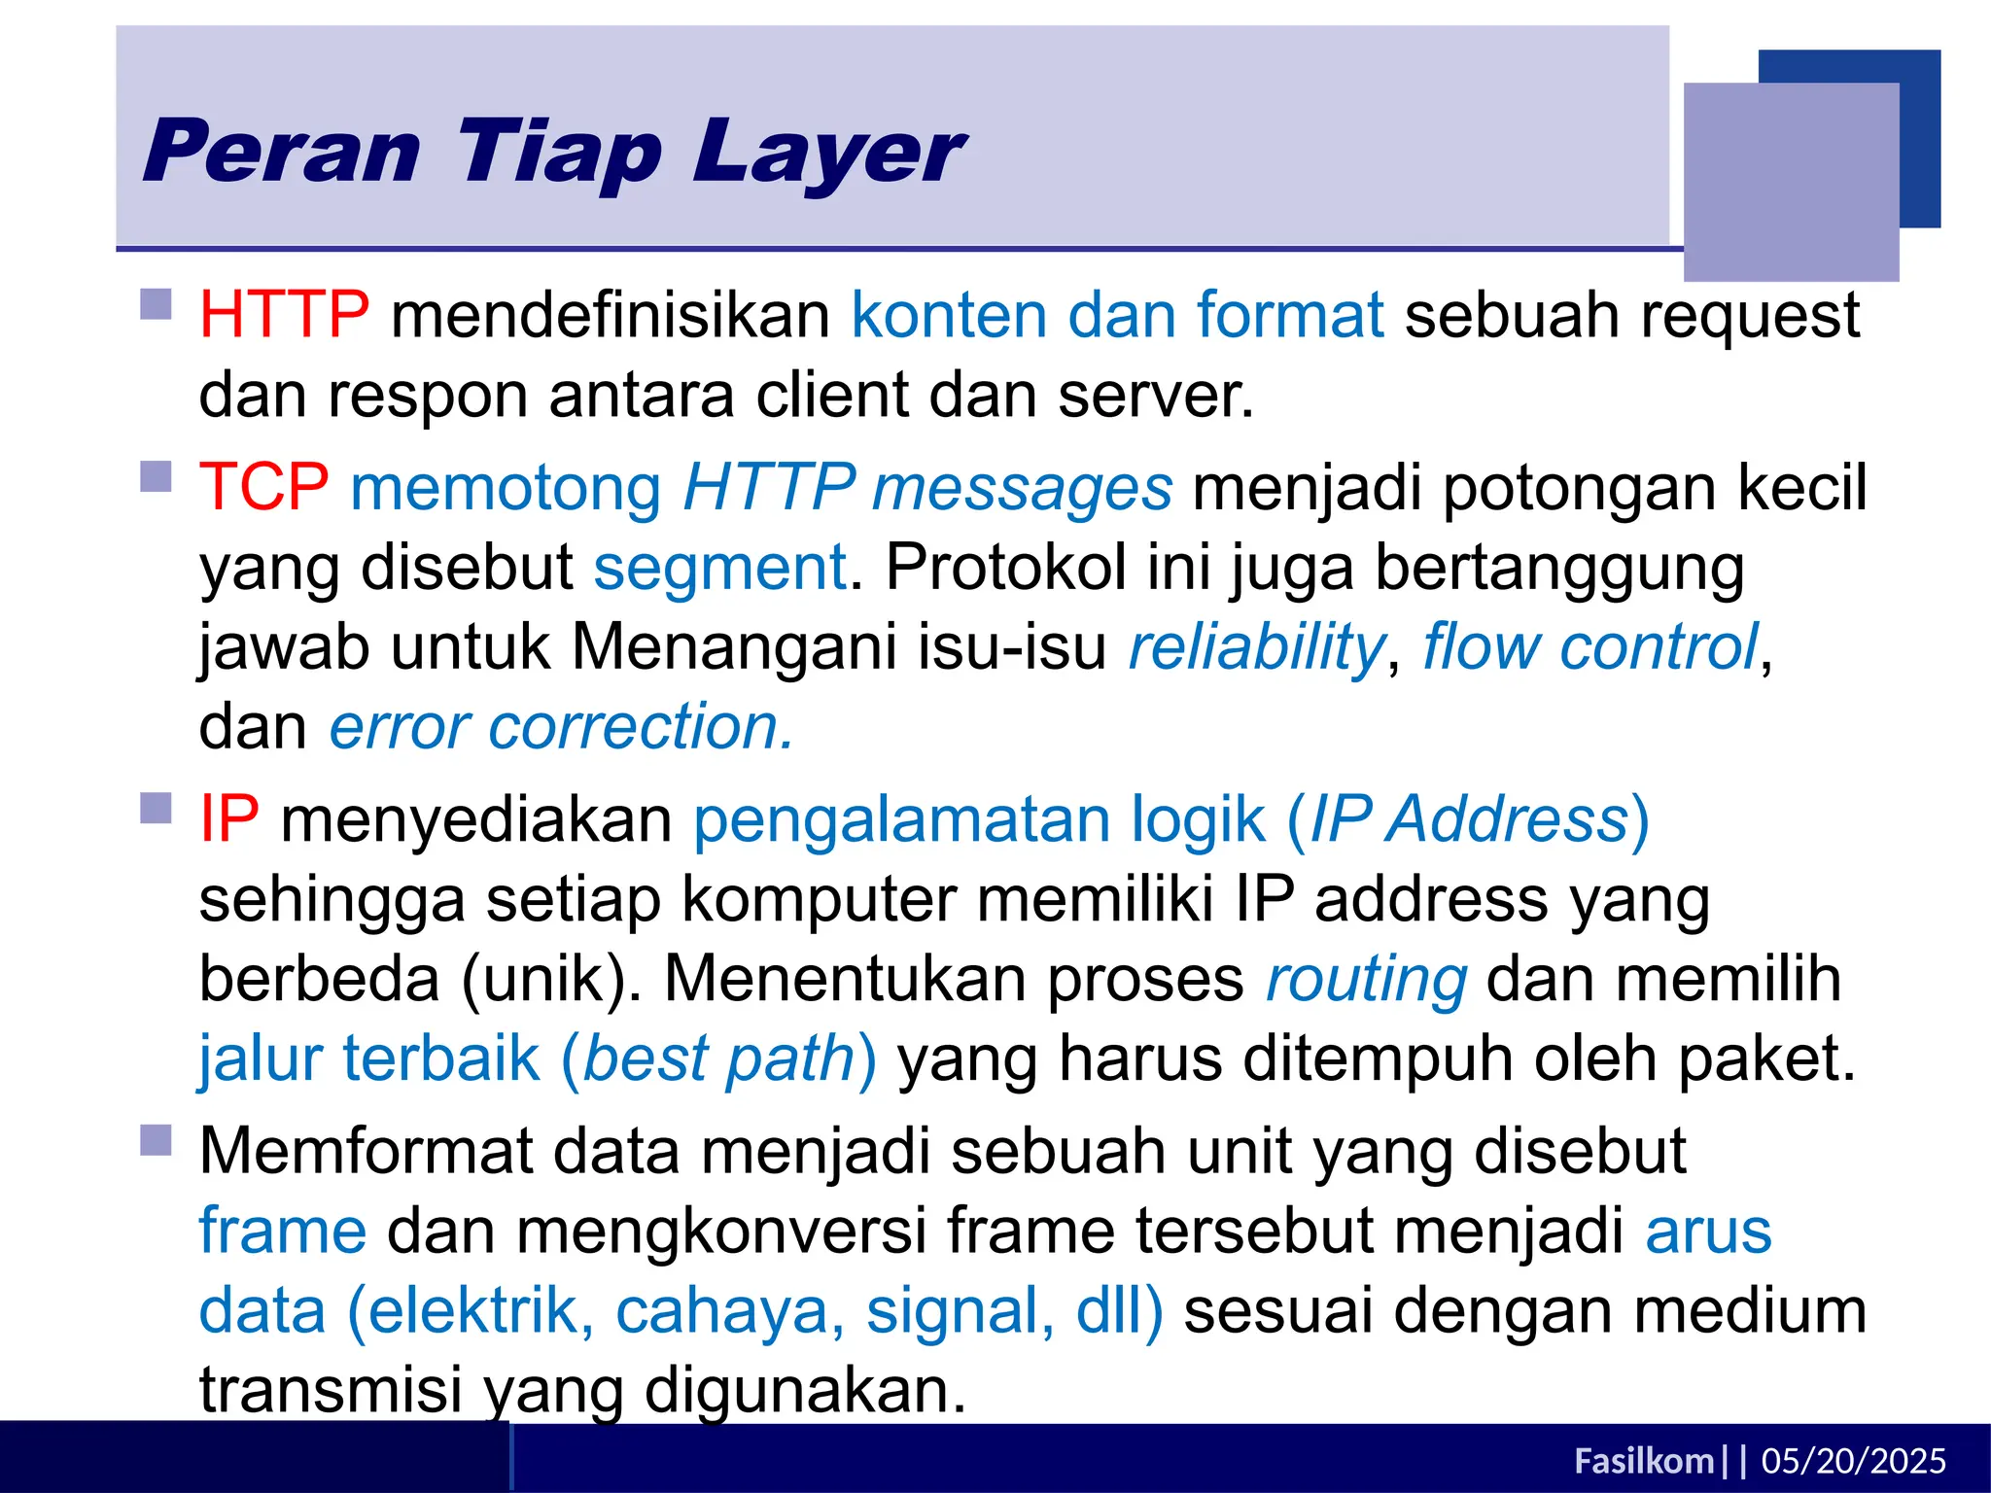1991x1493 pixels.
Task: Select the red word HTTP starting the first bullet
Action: point(284,315)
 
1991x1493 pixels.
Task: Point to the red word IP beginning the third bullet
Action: point(228,818)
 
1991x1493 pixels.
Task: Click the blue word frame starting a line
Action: point(283,1231)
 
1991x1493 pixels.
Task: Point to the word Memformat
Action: point(366,1151)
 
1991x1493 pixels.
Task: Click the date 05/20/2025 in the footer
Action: point(1853,1461)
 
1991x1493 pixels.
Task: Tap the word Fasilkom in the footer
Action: point(1643,1461)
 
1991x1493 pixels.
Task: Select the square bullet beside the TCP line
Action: point(156,476)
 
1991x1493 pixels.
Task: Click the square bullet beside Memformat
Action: point(156,1140)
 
